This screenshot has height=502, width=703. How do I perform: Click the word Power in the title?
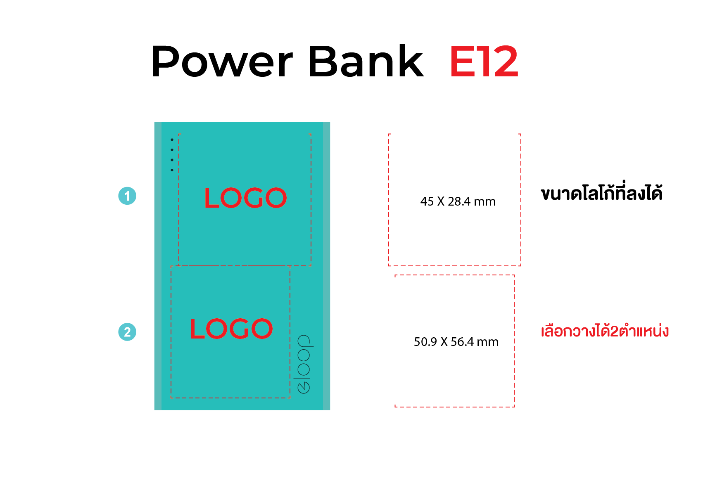(222, 61)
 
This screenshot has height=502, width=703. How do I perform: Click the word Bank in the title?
(366, 60)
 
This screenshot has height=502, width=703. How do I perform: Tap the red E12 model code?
(484, 61)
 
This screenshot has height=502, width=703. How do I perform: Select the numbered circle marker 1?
(127, 196)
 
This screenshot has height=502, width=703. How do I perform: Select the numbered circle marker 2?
(127, 332)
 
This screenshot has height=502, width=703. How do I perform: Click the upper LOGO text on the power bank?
(245, 198)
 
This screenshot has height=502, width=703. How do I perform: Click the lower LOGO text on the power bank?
(231, 329)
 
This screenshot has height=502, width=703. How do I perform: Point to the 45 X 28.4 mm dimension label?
(458, 201)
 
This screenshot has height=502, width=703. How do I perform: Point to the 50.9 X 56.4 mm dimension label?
(456, 342)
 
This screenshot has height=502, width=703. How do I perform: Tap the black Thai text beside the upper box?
(602, 192)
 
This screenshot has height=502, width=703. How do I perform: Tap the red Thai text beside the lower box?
(605, 332)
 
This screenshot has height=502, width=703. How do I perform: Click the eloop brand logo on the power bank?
(304, 364)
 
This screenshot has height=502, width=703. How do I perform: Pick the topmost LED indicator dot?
(172, 140)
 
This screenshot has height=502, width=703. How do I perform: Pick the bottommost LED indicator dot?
(172, 170)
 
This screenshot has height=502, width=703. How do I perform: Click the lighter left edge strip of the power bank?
(158, 266)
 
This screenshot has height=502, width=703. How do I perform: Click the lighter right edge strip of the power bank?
(326, 266)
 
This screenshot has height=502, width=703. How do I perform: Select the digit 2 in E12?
(506, 61)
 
